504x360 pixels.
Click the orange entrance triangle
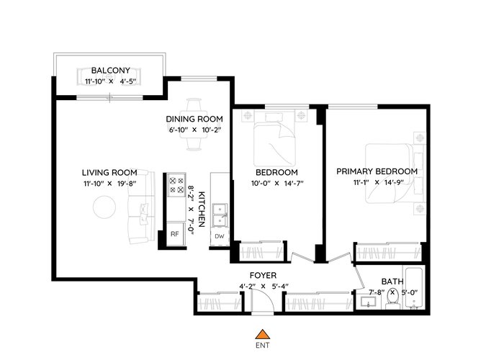pyautogui.click(x=263, y=335)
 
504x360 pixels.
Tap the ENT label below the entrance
pyautogui.click(x=263, y=346)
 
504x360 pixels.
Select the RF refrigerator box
pyautogui.click(x=175, y=234)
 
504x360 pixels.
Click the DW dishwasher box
pyautogui.click(x=220, y=237)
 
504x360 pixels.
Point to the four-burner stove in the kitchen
pyautogui.click(x=177, y=185)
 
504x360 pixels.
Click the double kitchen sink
pyautogui.click(x=219, y=215)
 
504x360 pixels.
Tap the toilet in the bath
pyautogui.click(x=392, y=300)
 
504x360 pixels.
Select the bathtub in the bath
pyautogui.click(x=414, y=288)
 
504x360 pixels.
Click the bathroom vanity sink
pyautogui.click(x=369, y=302)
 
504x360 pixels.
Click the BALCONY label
pyautogui.click(x=111, y=71)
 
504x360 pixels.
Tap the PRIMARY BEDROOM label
pyautogui.click(x=377, y=171)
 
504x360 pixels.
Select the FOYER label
pyautogui.click(x=263, y=276)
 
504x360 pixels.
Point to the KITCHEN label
pyautogui.click(x=201, y=210)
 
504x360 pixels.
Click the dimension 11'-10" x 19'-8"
pyautogui.click(x=110, y=184)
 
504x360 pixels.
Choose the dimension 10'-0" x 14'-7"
pyautogui.click(x=277, y=184)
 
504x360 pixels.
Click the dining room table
pyautogui.click(x=194, y=125)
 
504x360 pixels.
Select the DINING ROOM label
pyautogui.click(x=194, y=120)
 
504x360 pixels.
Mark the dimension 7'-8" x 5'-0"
pyautogui.click(x=393, y=293)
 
